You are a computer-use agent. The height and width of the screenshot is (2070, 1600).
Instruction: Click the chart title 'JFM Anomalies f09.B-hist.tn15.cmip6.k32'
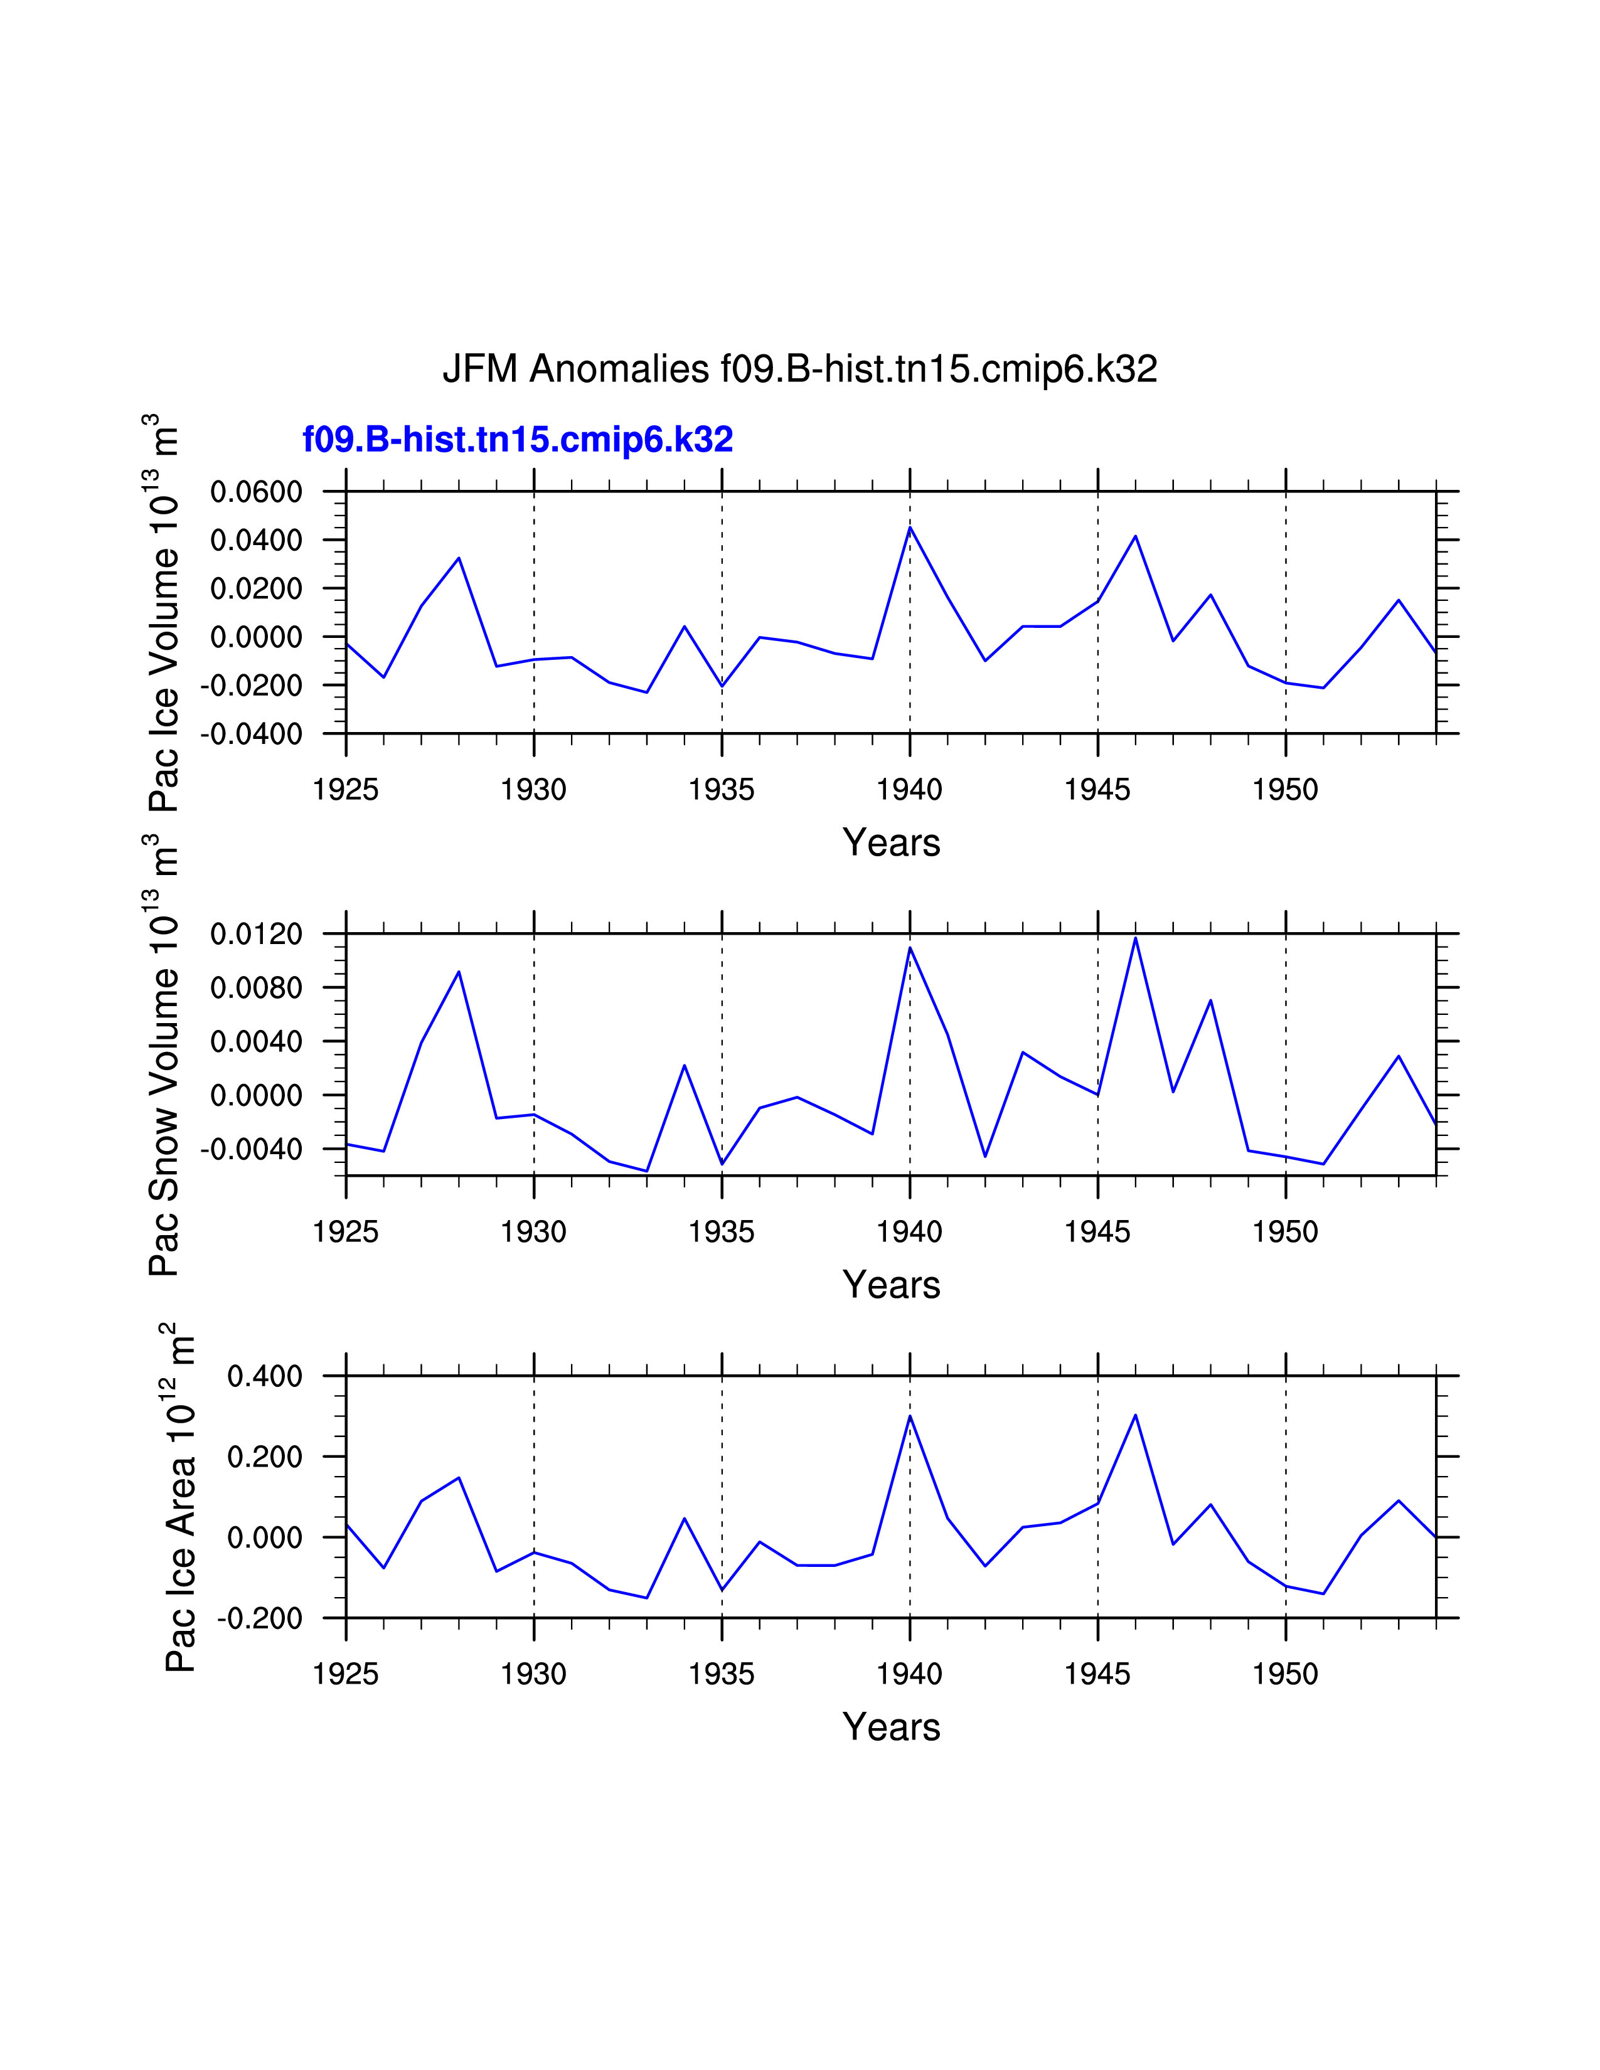799,369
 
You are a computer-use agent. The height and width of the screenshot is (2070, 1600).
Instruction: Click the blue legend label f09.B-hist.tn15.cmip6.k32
518,440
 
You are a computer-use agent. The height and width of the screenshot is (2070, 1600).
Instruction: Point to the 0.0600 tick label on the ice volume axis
256,492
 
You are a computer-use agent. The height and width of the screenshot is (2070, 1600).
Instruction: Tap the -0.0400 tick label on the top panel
250,734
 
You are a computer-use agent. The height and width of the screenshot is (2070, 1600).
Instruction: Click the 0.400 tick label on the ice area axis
264,1376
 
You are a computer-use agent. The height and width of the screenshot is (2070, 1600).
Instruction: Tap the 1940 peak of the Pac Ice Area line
910,1416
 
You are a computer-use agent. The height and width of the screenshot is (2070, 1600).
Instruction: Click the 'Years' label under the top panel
891,842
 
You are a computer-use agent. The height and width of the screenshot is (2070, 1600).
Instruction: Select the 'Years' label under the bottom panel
891,1727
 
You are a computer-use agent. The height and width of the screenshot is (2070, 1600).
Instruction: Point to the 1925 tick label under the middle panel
346,1232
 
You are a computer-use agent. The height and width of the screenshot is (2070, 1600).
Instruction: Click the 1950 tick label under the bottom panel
1285,1674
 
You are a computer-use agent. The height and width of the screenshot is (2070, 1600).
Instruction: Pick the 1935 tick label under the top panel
722,790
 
